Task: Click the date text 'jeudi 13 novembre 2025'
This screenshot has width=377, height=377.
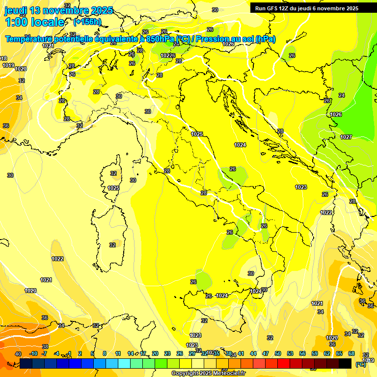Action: coord(58,10)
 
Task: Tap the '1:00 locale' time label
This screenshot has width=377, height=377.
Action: coord(35,22)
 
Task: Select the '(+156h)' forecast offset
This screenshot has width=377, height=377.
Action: coord(87,22)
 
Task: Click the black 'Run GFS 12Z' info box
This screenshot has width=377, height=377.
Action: coord(307,8)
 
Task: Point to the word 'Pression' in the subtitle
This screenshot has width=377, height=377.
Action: coord(214,39)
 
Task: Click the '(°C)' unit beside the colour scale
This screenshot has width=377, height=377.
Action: coord(360,364)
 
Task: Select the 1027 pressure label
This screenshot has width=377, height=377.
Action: coord(346,137)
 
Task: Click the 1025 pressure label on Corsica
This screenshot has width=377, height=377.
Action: coord(113,188)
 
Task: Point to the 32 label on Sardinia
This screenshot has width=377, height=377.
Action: coord(113,245)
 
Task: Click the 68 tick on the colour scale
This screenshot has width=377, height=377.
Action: coord(351,354)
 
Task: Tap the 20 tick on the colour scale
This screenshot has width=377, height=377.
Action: coord(155,354)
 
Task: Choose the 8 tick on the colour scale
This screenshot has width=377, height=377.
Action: coord(105,354)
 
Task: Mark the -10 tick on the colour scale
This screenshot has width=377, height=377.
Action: coord(34,354)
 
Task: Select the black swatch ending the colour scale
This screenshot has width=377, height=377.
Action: coord(345,364)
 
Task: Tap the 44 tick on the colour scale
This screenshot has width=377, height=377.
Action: coord(253,354)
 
